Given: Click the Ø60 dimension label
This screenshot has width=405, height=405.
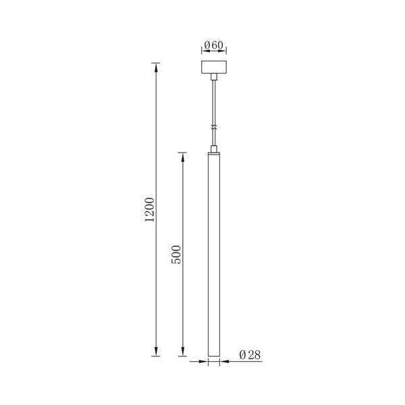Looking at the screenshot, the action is pyautogui.click(x=213, y=45).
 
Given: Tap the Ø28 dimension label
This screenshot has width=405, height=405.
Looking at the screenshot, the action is pyautogui.click(x=250, y=354).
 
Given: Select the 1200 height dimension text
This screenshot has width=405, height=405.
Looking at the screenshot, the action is pyautogui.click(x=150, y=209).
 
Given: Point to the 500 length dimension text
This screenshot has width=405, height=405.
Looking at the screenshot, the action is pyautogui.click(x=176, y=254).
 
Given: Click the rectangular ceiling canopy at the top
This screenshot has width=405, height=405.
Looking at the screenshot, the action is pyautogui.click(x=214, y=67).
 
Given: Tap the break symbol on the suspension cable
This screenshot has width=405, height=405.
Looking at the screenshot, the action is pyautogui.click(x=214, y=127).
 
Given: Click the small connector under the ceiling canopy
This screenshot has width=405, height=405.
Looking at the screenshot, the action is pyautogui.click(x=214, y=77).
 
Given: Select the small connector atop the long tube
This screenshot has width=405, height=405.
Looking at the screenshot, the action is pyautogui.click(x=214, y=149).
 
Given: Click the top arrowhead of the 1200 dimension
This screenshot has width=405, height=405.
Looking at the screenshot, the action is pyautogui.click(x=155, y=67).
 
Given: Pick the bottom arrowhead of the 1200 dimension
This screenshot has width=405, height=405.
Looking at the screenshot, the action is pyautogui.click(x=155, y=351).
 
